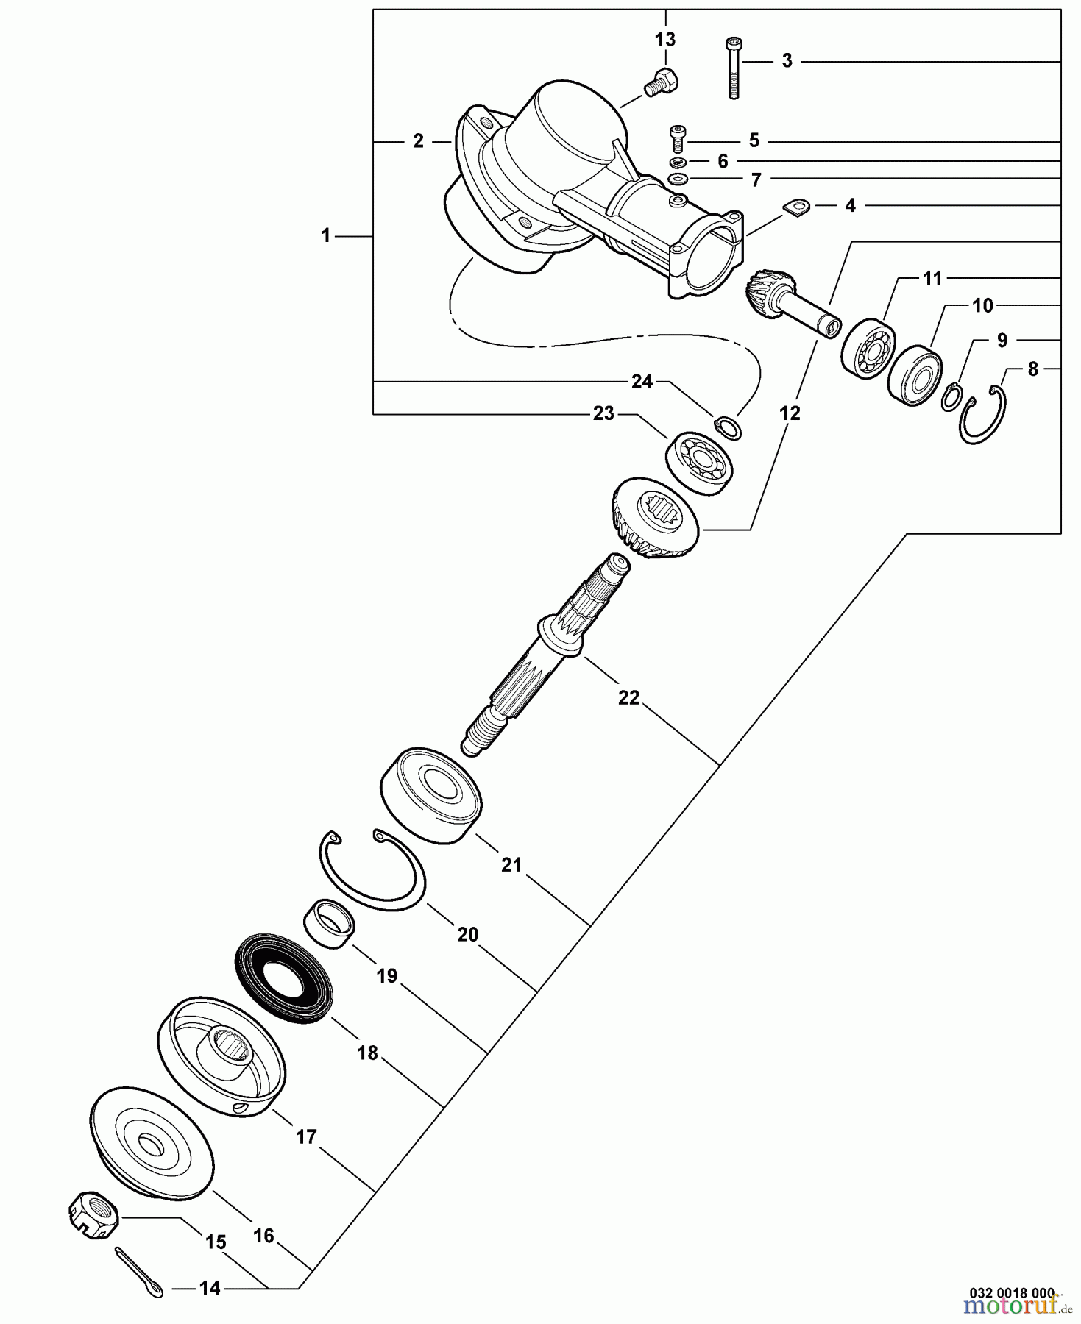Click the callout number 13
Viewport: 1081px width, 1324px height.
click(x=664, y=39)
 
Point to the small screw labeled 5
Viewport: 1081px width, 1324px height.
click(x=678, y=139)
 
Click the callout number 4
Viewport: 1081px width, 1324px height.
click(x=850, y=206)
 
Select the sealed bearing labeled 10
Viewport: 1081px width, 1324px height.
click(x=915, y=374)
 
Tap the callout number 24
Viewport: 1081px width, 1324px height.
click(x=642, y=381)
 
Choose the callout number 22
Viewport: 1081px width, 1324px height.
click(x=628, y=697)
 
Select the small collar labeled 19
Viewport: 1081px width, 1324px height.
click(x=328, y=925)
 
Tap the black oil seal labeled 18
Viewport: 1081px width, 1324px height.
click(x=283, y=978)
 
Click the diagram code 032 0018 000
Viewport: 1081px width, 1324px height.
click(x=1011, y=1292)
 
